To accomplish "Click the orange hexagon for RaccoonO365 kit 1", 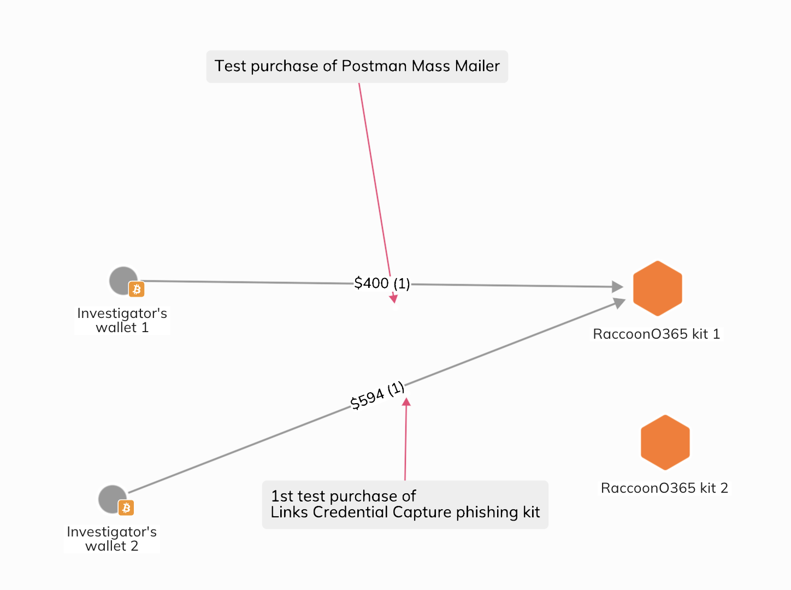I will pos(657,288).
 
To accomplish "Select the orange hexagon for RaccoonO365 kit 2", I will pos(665,442).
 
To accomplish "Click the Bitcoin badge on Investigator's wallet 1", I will pos(137,289).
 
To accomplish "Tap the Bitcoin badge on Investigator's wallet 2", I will pos(126,508).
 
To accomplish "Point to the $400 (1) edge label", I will pos(382,283).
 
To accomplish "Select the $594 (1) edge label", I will pos(377,396).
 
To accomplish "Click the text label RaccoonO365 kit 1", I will pos(656,334).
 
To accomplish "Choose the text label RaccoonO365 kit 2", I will pos(664,488).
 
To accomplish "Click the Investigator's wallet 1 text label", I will pos(122,320).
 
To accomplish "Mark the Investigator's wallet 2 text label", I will pos(111,539).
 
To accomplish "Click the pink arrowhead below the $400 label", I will pos(393,298).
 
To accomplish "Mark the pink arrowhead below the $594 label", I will pos(406,402).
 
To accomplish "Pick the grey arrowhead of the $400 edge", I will pos(617,286).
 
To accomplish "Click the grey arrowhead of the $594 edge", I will pos(619,302).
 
